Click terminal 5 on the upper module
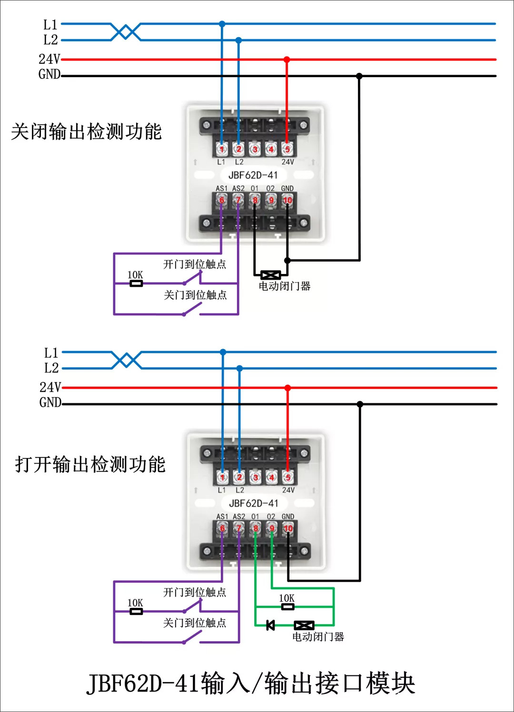point(287,149)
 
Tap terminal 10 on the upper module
point(287,200)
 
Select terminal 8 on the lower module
point(256,528)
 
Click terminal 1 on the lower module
point(222,477)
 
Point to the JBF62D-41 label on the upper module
point(253,175)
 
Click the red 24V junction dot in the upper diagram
point(287,59)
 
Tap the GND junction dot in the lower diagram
point(360,404)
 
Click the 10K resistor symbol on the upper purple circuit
point(136,283)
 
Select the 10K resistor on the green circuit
point(287,606)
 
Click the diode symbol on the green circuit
point(270,625)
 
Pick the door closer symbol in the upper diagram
point(270,275)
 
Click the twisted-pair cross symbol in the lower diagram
point(127,360)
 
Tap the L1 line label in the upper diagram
point(50,24)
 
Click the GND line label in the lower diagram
point(50,402)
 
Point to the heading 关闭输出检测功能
point(86,132)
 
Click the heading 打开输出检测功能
point(90,464)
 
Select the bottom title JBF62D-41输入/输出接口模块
point(251,683)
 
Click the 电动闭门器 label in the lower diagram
point(318,637)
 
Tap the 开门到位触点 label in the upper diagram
point(194,264)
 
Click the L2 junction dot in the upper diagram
point(238,40)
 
